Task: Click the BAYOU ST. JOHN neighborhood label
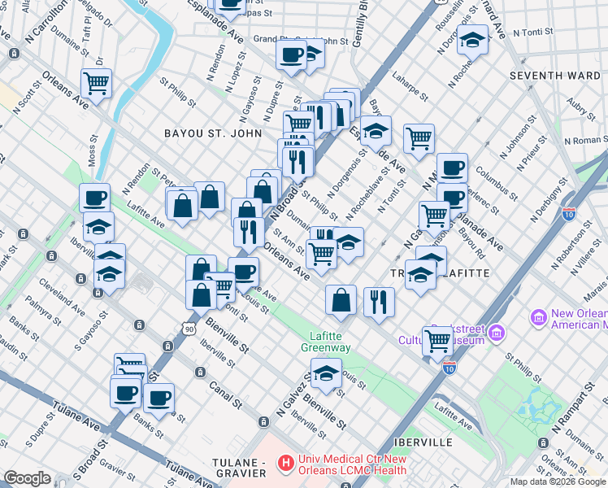pyautogui.click(x=213, y=133)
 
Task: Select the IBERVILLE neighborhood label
pyautogui.click(x=420, y=442)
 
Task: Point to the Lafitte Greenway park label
pyautogui.click(x=330, y=342)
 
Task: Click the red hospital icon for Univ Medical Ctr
pyautogui.click(x=284, y=464)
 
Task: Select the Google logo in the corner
pyautogui.click(x=27, y=478)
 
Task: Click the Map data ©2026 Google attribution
pyautogui.click(x=558, y=481)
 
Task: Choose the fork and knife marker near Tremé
pyautogui.click(x=379, y=301)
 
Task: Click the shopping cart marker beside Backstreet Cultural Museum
pyautogui.click(x=438, y=341)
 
